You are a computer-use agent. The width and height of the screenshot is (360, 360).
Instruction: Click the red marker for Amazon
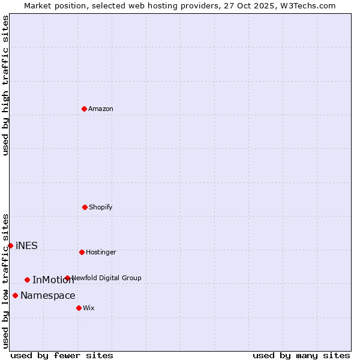(x=84, y=109)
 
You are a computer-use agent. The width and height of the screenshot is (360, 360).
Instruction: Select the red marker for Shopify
(x=85, y=207)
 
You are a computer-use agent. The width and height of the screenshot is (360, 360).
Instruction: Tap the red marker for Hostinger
(x=82, y=252)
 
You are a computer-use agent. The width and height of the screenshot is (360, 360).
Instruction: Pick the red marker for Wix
(x=79, y=308)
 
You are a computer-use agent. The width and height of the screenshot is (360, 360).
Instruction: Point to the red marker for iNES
(x=10, y=245)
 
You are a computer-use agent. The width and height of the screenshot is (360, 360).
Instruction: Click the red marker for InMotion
(x=27, y=280)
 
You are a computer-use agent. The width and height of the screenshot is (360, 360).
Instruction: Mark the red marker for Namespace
(x=15, y=295)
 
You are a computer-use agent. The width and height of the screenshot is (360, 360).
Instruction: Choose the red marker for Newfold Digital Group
(x=67, y=278)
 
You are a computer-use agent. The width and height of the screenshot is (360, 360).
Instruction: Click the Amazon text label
(x=101, y=109)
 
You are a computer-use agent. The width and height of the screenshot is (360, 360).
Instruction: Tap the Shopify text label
(x=101, y=207)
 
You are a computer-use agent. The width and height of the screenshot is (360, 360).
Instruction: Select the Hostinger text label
(x=101, y=252)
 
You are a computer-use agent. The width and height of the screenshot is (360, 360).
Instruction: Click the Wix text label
(x=89, y=308)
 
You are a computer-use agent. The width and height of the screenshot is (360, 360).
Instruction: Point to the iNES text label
(x=26, y=245)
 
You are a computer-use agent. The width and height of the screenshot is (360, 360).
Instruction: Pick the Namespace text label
(x=48, y=295)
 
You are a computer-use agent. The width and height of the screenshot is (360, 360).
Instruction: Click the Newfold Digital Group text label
(x=106, y=278)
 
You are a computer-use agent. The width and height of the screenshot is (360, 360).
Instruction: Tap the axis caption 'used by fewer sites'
(x=62, y=355)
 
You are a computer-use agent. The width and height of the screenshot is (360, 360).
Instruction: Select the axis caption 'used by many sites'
(x=301, y=355)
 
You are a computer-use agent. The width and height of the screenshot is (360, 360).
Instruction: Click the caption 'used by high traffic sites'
(x=5, y=85)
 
